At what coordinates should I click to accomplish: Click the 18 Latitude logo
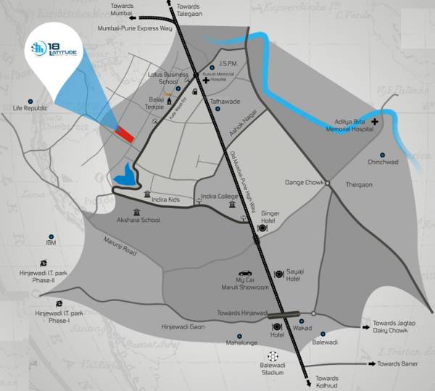pyautogui.click(x=55, y=51)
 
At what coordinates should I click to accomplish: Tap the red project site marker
pyautogui.click(x=125, y=134)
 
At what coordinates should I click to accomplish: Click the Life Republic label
pyautogui.click(x=30, y=108)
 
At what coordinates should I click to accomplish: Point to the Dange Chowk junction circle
pyautogui.click(x=327, y=183)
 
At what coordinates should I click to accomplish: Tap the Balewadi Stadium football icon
pyautogui.click(x=273, y=356)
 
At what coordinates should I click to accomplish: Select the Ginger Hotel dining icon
pyautogui.click(x=263, y=229)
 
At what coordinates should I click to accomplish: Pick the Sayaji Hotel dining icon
pyautogui.click(x=279, y=274)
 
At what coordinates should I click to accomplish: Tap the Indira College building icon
pyautogui.click(x=232, y=205)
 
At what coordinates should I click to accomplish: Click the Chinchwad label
pyautogui.click(x=383, y=162)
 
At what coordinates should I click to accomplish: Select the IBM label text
pyautogui.click(x=51, y=242)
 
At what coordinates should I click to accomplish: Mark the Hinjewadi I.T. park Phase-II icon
pyautogui.click(x=44, y=264)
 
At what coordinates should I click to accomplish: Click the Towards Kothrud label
pyautogui.click(x=327, y=382)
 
